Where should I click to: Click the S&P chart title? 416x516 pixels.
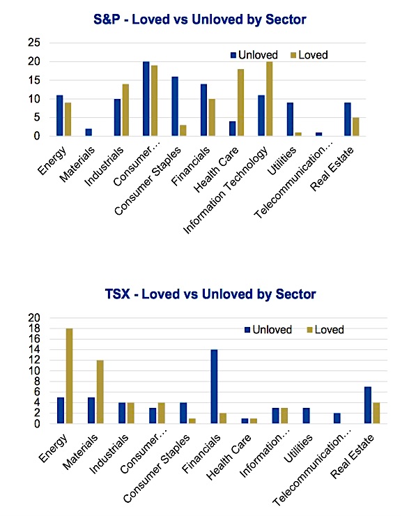[x=199, y=20]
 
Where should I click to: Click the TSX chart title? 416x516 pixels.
[x=210, y=294]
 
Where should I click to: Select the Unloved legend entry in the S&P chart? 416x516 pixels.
[x=254, y=54]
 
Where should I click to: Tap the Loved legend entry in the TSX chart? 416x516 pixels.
[x=325, y=329]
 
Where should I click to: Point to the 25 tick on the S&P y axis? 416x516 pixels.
[x=34, y=43]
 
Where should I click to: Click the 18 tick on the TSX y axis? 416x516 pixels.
[x=34, y=328]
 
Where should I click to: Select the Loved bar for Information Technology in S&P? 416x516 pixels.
[x=270, y=99]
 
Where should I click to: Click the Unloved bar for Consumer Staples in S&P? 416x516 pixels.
[x=175, y=106]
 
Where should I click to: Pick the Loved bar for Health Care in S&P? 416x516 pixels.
[x=240, y=103]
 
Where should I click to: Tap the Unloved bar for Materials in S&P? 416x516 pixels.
[x=88, y=132]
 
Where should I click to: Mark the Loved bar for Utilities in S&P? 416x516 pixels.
[x=298, y=135]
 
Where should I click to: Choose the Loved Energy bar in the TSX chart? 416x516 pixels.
[x=70, y=376]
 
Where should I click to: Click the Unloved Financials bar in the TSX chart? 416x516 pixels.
[x=214, y=386]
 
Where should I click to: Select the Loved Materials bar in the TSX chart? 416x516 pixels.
[x=100, y=392]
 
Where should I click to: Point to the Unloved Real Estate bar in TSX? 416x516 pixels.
[x=368, y=404]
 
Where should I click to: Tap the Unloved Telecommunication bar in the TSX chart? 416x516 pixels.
[x=337, y=418]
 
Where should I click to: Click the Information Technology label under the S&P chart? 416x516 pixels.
[x=226, y=190]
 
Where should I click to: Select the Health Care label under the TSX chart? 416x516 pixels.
[x=229, y=457]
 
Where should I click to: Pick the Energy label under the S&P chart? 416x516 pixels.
[x=52, y=160]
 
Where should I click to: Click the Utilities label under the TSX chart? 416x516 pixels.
[x=298, y=448]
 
